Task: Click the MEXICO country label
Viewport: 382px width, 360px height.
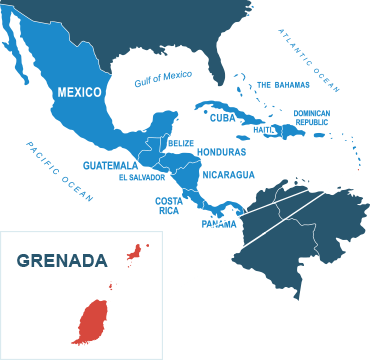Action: (79, 92)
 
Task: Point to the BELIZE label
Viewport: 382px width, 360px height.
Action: (180, 143)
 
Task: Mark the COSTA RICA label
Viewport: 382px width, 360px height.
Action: (169, 205)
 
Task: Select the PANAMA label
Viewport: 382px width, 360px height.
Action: (219, 223)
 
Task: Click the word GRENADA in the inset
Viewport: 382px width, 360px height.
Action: (61, 261)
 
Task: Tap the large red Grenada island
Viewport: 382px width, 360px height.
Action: (91, 318)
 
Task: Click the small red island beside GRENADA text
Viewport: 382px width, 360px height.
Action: (135, 253)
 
